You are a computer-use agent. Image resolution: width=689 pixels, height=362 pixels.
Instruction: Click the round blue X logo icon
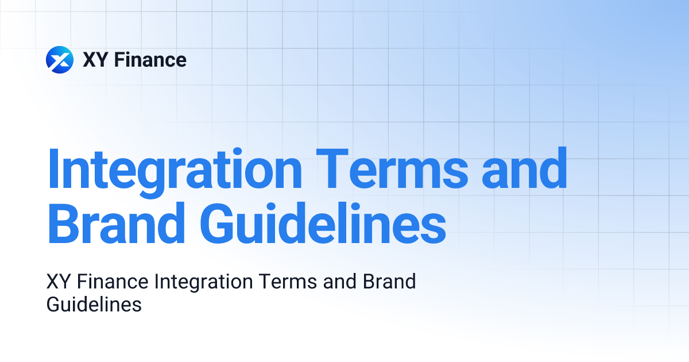[60, 60]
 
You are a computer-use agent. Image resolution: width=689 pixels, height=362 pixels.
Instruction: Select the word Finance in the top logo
[150, 60]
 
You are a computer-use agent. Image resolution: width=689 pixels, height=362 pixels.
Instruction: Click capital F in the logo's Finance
[119, 60]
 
